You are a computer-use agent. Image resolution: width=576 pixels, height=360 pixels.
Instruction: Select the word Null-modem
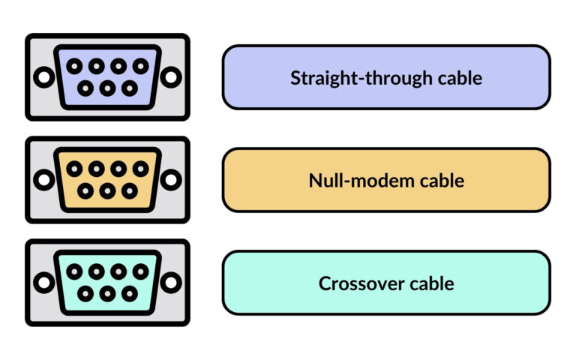click(x=354, y=181)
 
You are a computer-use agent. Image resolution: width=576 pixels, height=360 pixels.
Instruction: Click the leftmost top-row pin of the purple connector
click(x=74, y=66)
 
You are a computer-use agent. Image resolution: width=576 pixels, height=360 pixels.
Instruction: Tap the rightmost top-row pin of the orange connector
click(x=140, y=169)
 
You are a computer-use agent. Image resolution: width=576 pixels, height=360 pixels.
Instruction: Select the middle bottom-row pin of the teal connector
click(x=107, y=293)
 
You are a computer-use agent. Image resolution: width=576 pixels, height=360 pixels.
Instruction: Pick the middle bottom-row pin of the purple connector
click(x=107, y=88)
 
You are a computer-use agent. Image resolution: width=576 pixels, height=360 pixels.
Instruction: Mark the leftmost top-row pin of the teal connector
click(x=74, y=271)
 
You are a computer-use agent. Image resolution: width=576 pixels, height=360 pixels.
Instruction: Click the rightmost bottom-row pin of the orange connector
click(x=129, y=190)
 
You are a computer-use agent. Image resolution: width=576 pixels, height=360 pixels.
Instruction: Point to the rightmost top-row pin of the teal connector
click(x=140, y=271)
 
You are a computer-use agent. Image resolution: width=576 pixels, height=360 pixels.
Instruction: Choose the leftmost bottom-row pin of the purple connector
click(x=85, y=88)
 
